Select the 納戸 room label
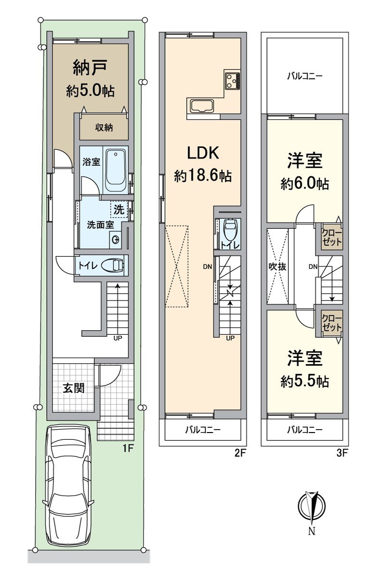[90, 68]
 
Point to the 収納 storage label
[103, 128]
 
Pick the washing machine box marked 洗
[118, 210]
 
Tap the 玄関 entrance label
[74, 387]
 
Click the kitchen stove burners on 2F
[231, 80]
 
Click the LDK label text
[203, 153]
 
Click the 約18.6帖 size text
[203, 176]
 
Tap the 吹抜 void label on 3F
[278, 266]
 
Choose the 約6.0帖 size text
[305, 184]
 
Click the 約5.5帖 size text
[305, 381]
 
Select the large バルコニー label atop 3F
[304, 76]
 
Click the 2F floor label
[240, 453]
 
